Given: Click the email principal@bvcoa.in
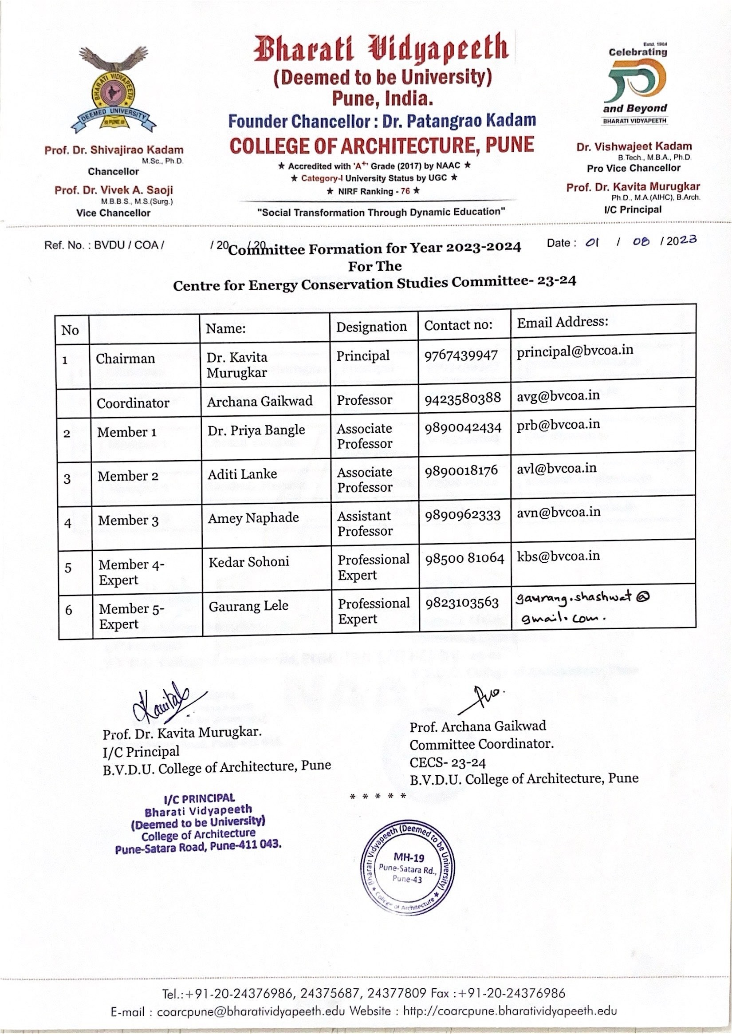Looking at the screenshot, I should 575,351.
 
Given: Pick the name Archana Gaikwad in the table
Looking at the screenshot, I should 260,401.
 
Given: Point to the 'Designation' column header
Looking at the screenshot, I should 371,327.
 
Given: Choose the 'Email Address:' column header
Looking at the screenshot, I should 562,322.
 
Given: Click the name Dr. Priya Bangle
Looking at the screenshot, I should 256,430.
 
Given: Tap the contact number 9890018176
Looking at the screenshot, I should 461,471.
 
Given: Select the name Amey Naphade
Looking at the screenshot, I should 253,518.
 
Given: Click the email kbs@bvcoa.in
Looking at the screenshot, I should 558,556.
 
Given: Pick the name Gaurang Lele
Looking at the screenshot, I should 248,606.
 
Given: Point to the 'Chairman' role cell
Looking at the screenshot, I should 125,359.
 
